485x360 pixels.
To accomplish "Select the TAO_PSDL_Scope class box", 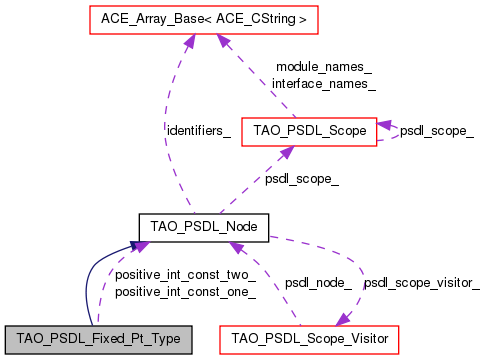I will (314, 130).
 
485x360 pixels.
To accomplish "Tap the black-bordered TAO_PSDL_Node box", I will (203, 227).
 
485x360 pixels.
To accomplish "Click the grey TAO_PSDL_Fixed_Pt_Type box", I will (97, 339).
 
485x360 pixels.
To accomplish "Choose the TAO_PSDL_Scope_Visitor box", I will (311, 339).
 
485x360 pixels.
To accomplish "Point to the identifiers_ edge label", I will (199, 130).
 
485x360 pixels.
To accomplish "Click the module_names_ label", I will (323, 67).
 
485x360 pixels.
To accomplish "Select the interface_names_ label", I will (323, 84).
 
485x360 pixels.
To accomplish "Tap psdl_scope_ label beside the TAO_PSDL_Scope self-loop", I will (437, 130).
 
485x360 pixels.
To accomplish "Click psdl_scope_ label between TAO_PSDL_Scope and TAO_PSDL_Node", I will (301, 179).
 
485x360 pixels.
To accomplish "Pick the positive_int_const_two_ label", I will (185, 275).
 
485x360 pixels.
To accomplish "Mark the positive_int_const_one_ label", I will (185, 292).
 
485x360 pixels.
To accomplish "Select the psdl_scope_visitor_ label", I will (421, 283).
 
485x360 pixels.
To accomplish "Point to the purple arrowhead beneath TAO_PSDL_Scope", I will (287, 150).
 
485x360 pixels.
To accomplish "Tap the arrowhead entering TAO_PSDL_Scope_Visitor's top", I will (343, 318).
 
